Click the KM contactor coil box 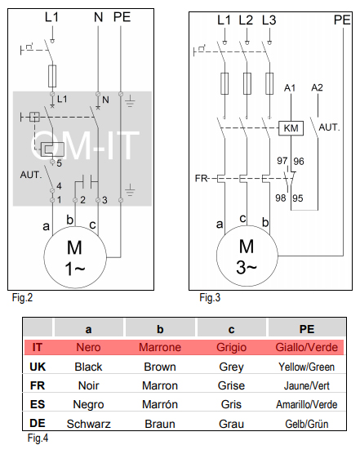coord(291,128)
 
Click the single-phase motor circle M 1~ coord(75,257)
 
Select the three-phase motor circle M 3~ coord(247,256)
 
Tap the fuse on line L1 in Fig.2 coord(52,76)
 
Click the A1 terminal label coord(290,87)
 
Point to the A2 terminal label coord(318,87)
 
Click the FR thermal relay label coord(201,178)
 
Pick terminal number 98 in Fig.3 coord(281,198)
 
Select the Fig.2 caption coord(22,298)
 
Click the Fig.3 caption coord(210,298)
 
